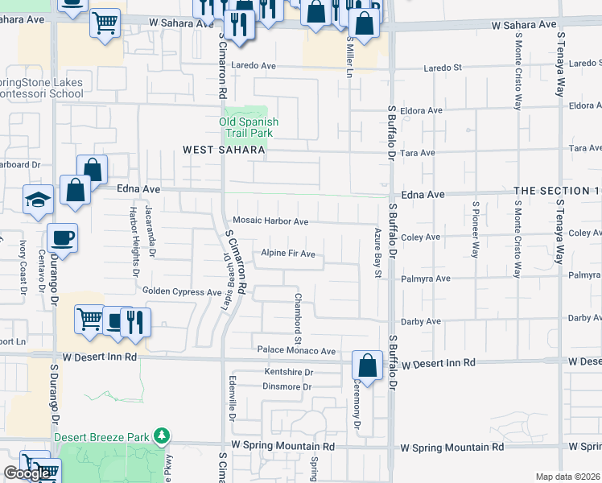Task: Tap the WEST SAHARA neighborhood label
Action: coord(224,150)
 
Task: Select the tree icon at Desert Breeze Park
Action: coord(163,436)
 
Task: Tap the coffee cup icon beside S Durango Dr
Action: coord(62,238)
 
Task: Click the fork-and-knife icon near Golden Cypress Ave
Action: coord(136,322)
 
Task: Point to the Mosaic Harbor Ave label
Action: coord(270,221)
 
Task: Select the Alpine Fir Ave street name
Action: coord(287,254)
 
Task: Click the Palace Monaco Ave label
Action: coord(296,351)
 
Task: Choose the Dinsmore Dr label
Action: coord(287,387)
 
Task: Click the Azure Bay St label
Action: coord(377,253)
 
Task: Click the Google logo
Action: coord(27,473)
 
